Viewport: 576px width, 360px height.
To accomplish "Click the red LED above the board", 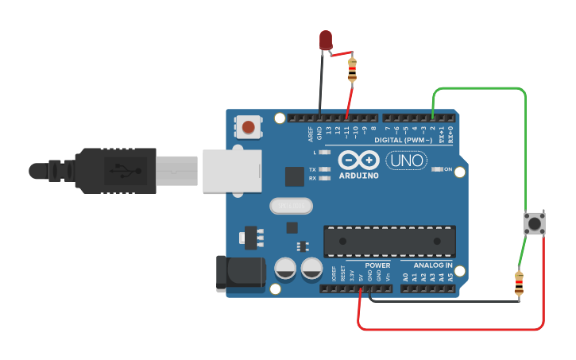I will coord(326,40).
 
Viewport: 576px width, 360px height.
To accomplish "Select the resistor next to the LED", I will coord(352,70).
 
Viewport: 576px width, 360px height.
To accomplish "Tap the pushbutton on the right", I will coord(535,223).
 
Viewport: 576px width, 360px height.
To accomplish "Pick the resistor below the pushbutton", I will coord(519,282).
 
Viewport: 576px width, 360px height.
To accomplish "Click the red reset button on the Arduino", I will coord(249,126).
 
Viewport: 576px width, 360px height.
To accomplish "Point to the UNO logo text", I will coord(406,161).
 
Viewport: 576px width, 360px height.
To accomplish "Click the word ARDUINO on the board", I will coord(358,175).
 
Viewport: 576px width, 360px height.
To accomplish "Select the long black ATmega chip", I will coord(389,241).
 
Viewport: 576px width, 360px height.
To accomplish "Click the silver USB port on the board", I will coord(231,171).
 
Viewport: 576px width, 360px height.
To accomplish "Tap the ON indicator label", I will coord(448,169).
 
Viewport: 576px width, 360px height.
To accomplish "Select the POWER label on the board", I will coord(377,265).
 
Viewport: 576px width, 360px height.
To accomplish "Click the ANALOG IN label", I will coord(432,265).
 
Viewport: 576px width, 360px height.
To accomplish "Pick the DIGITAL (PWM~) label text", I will coord(403,140).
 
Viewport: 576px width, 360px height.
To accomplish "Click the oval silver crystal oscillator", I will coord(291,206).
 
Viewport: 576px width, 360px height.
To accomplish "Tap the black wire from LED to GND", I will coord(321,83).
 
